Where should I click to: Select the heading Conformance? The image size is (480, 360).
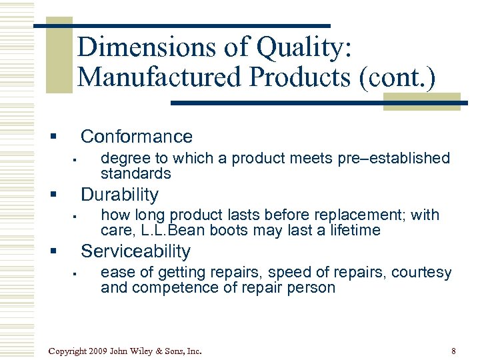136,137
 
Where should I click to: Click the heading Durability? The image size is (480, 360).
119,195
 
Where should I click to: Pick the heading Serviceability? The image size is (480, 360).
135,251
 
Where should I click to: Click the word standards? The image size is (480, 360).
135,173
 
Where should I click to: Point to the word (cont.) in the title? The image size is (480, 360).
397,78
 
